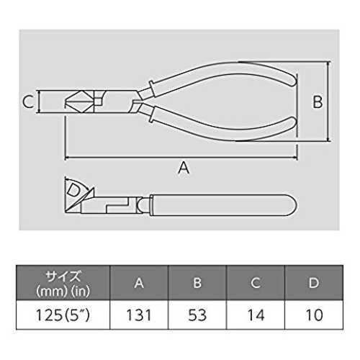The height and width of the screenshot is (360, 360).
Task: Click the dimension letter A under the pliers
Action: point(184,168)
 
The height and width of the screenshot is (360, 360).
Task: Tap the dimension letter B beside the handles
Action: point(318,102)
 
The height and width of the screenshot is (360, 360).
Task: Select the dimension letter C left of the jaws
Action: point(27,102)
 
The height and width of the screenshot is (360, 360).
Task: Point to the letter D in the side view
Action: point(73,189)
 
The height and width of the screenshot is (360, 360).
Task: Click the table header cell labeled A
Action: point(139,283)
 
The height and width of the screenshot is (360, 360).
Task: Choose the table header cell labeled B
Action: point(197,283)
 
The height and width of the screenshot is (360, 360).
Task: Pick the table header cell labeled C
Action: point(256,283)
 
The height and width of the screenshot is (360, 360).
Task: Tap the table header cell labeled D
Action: point(314,283)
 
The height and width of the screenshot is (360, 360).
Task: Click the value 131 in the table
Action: point(139,315)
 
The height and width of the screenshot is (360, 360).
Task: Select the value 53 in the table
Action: point(197,315)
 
